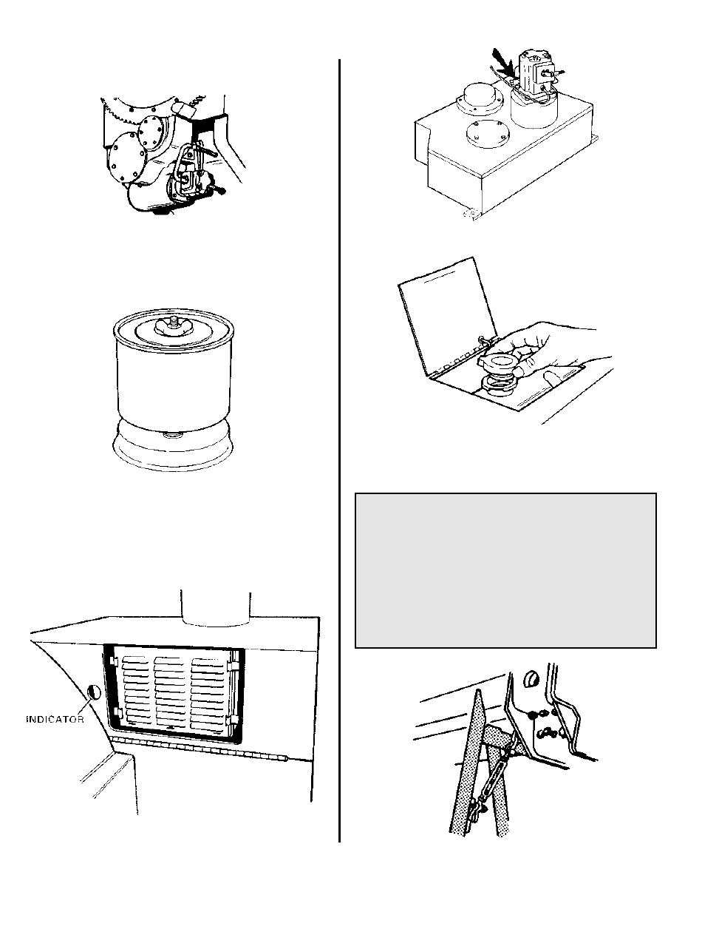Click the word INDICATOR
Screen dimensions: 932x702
[x=55, y=718]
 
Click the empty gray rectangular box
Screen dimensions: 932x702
[x=505, y=570]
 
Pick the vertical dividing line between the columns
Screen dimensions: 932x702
[x=339, y=444]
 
